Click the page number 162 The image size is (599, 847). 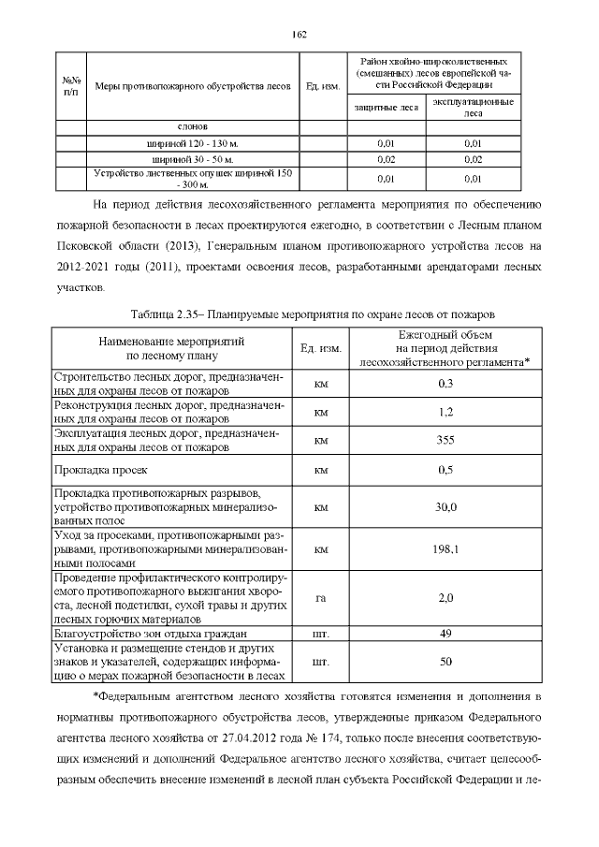click(299, 34)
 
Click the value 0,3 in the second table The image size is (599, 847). click(446, 384)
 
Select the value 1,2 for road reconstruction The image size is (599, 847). click(446, 412)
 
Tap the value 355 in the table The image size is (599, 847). click(446, 440)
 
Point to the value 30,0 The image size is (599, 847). click(446, 507)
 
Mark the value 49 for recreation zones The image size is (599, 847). click(446, 634)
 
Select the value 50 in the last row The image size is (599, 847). click(446, 662)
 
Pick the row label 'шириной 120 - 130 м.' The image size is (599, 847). click(193, 144)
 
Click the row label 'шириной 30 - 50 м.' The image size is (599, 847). click(193, 160)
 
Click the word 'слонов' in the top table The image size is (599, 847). click(193, 126)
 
